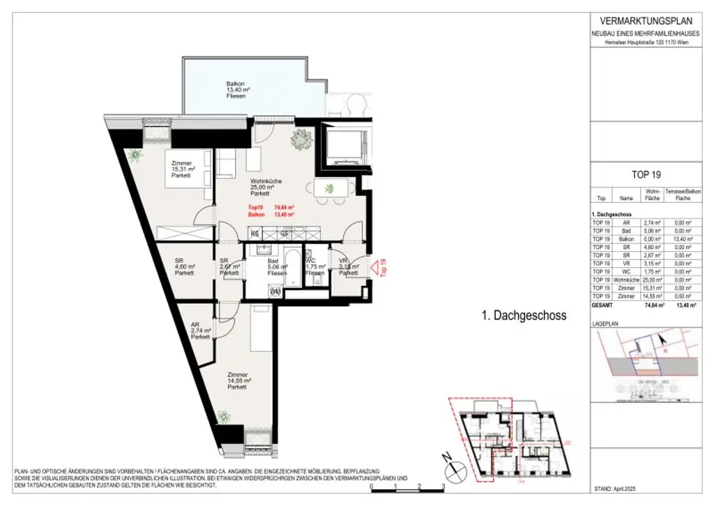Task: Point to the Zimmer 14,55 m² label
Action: (237, 380)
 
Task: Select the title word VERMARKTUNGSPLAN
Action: (642, 20)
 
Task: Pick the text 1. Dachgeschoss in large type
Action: (524, 316)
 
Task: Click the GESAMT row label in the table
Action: (602, 305)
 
